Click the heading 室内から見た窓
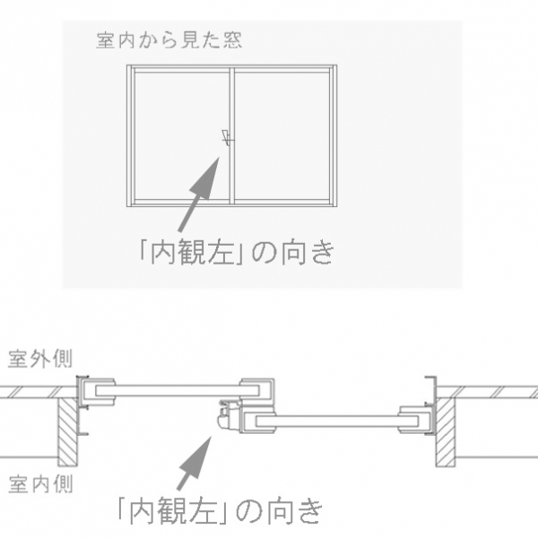pos(169,40)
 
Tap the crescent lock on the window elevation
pos(227,138)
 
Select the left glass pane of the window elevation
pos(182,136)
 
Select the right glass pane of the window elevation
pos(282,136)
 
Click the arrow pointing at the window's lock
pos(198,195)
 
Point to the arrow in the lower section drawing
pos(194,463)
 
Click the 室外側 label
pos(40,360)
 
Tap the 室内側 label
pos(40,484)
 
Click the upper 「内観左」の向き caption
pos(236,252)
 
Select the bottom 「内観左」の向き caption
pos(220,511)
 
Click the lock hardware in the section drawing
pos(228,414)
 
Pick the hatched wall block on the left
pos(67,431)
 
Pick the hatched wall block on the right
pos(446,431)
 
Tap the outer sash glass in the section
pos(177,391)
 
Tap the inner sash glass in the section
pos(337,421)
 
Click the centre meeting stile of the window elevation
pos(232,136)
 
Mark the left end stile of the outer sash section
pos(98,392)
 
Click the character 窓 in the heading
pos(233,40)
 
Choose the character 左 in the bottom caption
pos(204,511)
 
